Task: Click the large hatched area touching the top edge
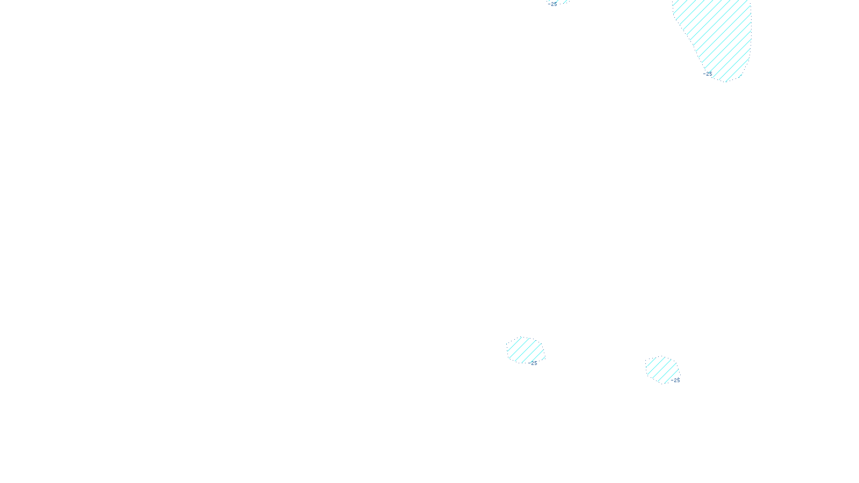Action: (x=717, y=32)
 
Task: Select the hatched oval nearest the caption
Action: (x=525, y=350)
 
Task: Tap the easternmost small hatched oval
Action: (x=661, y=369)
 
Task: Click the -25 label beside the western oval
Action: (x=533, y=363)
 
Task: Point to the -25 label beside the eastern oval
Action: (x=675, y=380)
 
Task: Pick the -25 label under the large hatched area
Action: (x=708, y=74)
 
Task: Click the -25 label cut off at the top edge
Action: (x=554, y=4)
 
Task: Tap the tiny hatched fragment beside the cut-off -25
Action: (x=564, y=2)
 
